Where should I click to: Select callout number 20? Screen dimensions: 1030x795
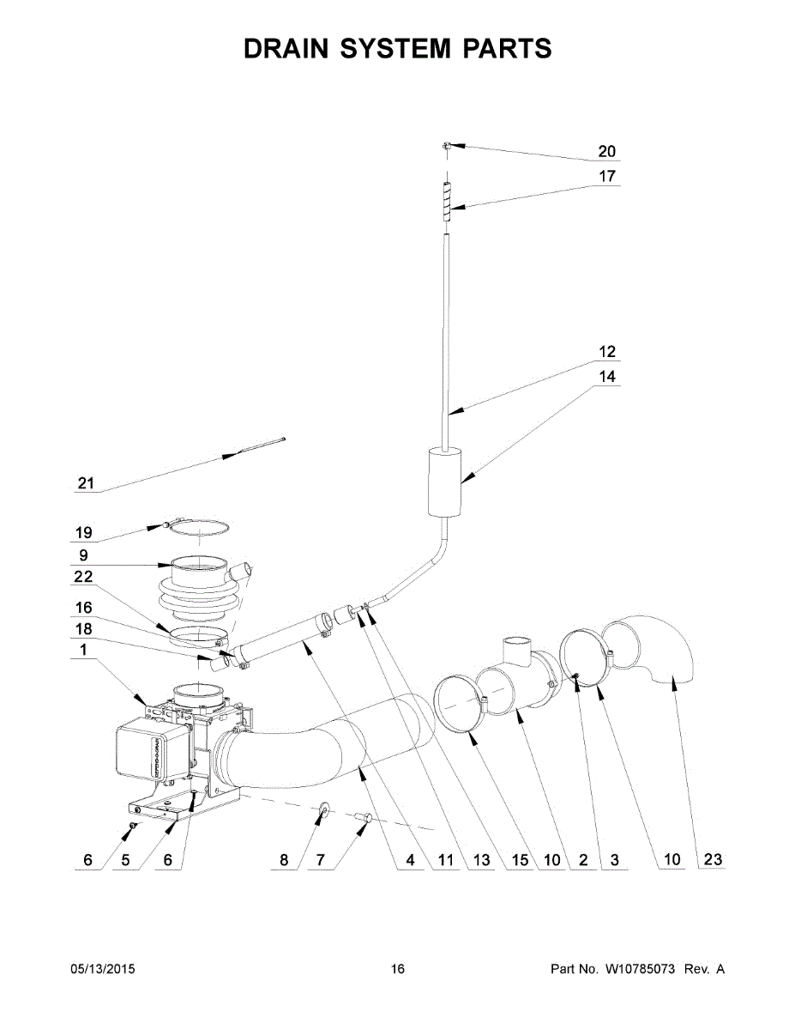click(x=606, y=152)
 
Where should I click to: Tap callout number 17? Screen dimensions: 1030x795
click(x=606, y=177)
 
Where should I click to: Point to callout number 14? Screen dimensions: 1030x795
click(x=606, y=377)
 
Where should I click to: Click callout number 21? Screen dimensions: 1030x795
click(x=85, y=483)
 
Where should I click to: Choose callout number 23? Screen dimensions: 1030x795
click(x=713, y=860)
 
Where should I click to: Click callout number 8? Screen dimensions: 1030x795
click(x=285, y=860)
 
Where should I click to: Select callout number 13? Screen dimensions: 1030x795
click(x=482, y=860)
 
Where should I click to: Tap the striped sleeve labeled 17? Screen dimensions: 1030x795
click(x=446, y=207)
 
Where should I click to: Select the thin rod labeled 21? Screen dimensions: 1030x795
click(x=257, y=447)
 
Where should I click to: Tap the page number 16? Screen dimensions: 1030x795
click(x=397, y=969)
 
